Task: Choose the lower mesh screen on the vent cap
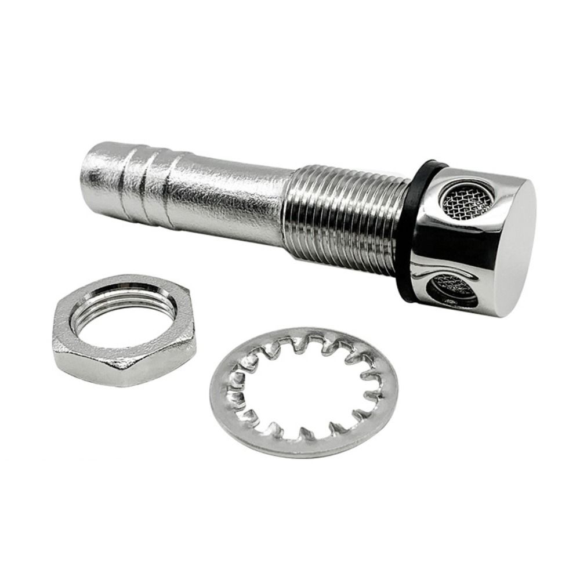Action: tap(455, 288)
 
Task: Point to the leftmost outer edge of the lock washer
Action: tap(210, 394)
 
